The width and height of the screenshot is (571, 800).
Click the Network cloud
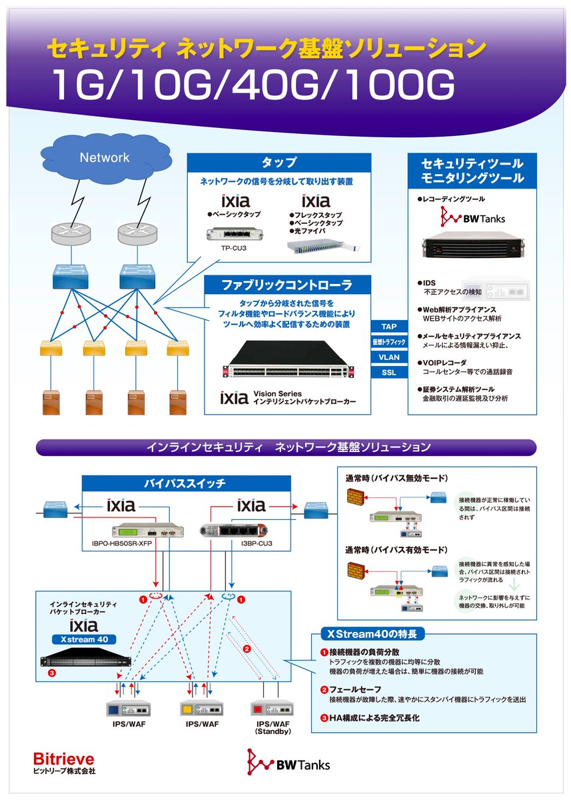click(x=105, y=159)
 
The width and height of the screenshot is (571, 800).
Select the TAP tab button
click(x=388, y=327)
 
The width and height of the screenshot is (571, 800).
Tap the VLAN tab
click(x=388, y=357)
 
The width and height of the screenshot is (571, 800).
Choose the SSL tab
click(x=388, y=373)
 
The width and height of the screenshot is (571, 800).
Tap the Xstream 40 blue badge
click(x=85, y=639)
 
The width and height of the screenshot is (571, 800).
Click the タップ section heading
click(x=279, y=162)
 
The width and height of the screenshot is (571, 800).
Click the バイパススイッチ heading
click(x=185, y=483)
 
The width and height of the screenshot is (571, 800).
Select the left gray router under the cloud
click(x=70, y=234)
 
